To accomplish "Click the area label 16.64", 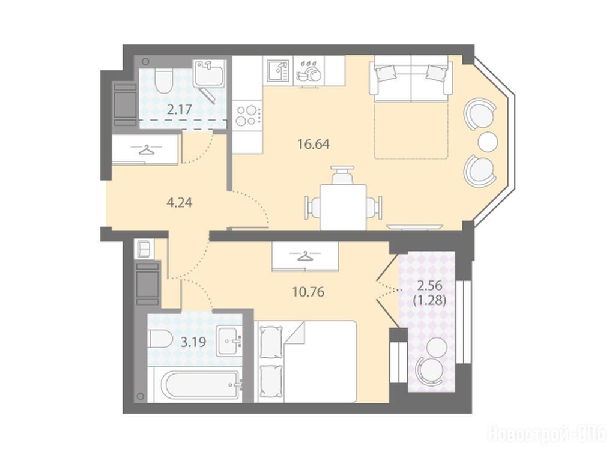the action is pos(314,144).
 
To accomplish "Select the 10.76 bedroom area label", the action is pos(308,292).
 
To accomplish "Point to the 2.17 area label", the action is pos(179,109).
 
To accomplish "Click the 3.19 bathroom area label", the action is pos(193,342).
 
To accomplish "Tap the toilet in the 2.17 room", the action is pos(163,80).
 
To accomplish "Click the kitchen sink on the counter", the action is pos(278,71).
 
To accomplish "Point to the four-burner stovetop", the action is pos(247,116).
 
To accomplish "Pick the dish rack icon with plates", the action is pos(308,72).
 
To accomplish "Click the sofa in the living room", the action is pos(411,79).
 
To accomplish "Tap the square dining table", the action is pos(343,206).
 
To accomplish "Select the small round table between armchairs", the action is pos(488,142).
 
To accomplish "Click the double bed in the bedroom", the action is pos(305,361).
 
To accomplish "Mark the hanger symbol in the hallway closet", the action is pos(146,149).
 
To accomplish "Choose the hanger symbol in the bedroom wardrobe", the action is pos(305,256).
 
